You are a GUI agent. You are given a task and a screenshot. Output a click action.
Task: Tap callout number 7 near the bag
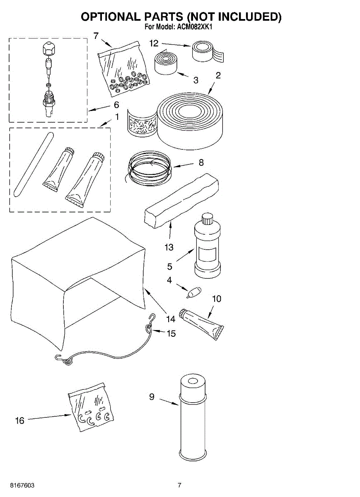pyautogui.click(x=96, y=36)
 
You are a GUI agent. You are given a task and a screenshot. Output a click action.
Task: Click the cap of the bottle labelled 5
pyautogui.click(x=207, y=218)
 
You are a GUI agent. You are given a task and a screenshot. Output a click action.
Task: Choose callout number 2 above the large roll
pyautogui.click(x=218, y=75)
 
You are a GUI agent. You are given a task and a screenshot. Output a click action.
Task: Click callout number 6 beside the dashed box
pyautogui.click(x=116, y=104)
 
